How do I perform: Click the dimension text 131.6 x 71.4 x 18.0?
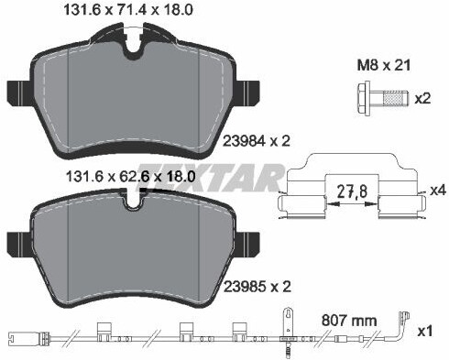point(127,10)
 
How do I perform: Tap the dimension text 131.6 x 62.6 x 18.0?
point(130,177)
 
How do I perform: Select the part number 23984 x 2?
point(257,141)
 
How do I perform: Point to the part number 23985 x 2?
point(257,287)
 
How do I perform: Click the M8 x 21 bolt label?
point(384,66)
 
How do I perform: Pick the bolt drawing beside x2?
point(382,98)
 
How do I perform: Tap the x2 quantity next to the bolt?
point(422,99)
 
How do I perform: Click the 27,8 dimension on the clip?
point(352,191)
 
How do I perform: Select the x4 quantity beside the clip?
point(438,191)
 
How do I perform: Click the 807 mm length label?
point(349,321)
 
